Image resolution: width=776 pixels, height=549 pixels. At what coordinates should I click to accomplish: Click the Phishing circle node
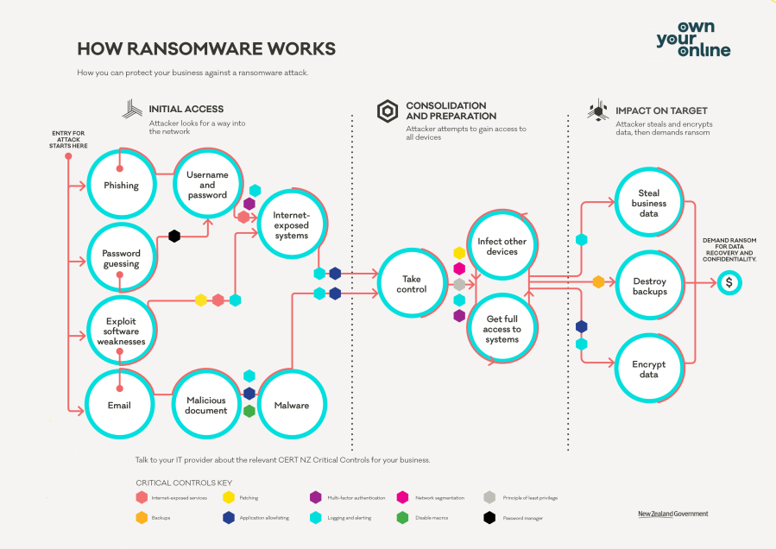pos(121,185)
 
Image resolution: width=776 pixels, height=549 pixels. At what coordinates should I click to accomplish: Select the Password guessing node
pos(121,258)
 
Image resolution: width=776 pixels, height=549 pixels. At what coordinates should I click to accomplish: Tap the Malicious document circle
pos(206,405)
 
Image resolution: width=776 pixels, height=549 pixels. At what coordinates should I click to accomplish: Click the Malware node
pos(291,405)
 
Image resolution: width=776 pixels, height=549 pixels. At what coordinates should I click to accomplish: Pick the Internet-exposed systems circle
pos(291,224)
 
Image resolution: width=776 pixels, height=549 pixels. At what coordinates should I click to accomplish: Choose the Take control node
pos(411,284)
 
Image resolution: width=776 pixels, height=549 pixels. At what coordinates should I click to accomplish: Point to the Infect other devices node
pos(502,246)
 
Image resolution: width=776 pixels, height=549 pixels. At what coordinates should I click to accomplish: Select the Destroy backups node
pos(649,286)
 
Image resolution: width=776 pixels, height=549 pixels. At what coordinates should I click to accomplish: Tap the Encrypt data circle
pos(648,369)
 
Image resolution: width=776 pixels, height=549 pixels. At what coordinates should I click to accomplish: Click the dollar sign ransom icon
pos(729,282)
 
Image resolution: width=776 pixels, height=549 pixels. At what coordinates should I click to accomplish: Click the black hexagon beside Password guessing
pos(174,236)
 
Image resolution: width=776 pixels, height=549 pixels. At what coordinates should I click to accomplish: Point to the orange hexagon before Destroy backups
pos(598,281)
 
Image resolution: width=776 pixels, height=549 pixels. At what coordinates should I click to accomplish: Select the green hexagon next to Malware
pos(249,411)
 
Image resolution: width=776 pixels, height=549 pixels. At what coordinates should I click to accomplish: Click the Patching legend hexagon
pos(229,497)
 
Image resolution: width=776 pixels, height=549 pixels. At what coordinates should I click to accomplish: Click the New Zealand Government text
pos(672,514)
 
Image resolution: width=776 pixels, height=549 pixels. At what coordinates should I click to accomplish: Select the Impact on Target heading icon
pos(598,110)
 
